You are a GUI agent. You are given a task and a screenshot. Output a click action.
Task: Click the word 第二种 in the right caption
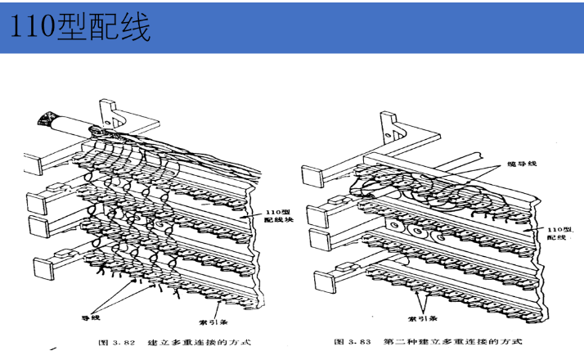400,341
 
